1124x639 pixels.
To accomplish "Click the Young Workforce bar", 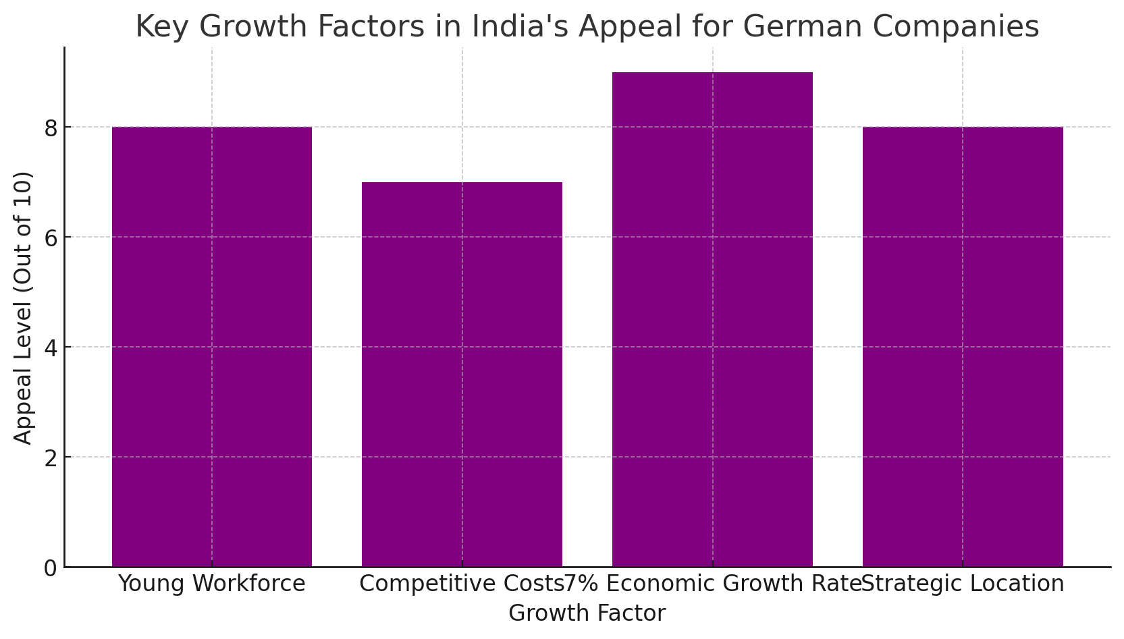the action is click(212, 347).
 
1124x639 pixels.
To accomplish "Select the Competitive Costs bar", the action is click(462, 374).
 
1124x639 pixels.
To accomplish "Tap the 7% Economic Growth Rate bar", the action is click(712, 320).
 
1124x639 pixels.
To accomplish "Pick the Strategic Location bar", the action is click(963, 347).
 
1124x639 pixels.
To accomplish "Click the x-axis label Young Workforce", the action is click(212, 584).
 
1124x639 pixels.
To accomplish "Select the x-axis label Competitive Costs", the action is click(461, 584).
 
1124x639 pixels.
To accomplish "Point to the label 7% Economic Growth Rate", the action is click(712, 584).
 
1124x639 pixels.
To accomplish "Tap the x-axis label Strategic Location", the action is click(963, 584).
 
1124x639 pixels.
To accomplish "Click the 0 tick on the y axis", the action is click(51, 568).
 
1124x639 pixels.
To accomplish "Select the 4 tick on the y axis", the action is click(51, 348).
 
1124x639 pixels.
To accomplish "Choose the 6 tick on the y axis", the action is click(51, 238).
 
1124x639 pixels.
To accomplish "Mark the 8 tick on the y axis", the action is click(51, 128).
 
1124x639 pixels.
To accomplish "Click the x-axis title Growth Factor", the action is click(587, 613).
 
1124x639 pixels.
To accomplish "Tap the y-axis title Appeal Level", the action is click(22, 308).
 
